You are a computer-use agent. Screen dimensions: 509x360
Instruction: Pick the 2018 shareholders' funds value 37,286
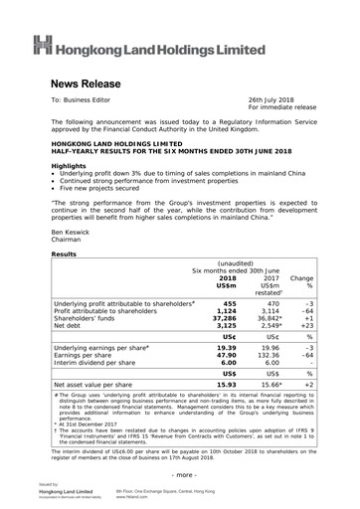point(226,324)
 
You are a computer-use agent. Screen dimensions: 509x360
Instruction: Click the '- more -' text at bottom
point(181,476)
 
